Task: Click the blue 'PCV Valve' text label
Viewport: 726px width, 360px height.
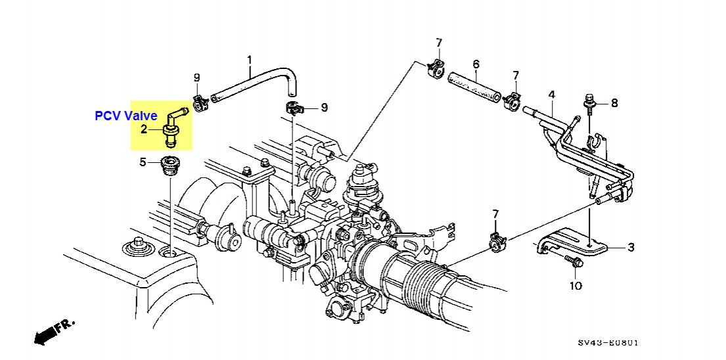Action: pyautogui.click(x=126, y=116)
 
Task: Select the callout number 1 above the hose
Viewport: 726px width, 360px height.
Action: pyautogui.click(x=250, y=60)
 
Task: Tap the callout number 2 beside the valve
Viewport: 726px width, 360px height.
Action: pyautogui.click(x=144, y=129)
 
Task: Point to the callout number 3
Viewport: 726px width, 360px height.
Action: pyautogui.click(x=631, y=248)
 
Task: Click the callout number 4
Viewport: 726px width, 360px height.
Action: pyautogui.click(x=551, y=95)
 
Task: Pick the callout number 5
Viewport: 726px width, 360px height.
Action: pyautogui.click(x=143, y=162)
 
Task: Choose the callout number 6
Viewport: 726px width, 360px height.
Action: pyautogui.click(x=476, y=64)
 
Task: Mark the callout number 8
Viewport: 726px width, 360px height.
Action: pyautogui.click(x=614, y=102)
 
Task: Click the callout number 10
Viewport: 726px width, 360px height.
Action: pyautogui.click(x=576, y=286)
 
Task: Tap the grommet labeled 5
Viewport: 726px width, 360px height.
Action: pyautogui.click(x=169, y=167)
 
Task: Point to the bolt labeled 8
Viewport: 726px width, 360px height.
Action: pyautogui.click(x=589, y=104)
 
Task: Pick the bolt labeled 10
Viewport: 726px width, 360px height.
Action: pyautogui.click(x=574, y=261)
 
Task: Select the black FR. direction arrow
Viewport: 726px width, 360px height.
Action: pyautogui.click(x=54, y=332)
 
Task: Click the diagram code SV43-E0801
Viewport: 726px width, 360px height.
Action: pyautogui.click(x=608, y=343)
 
